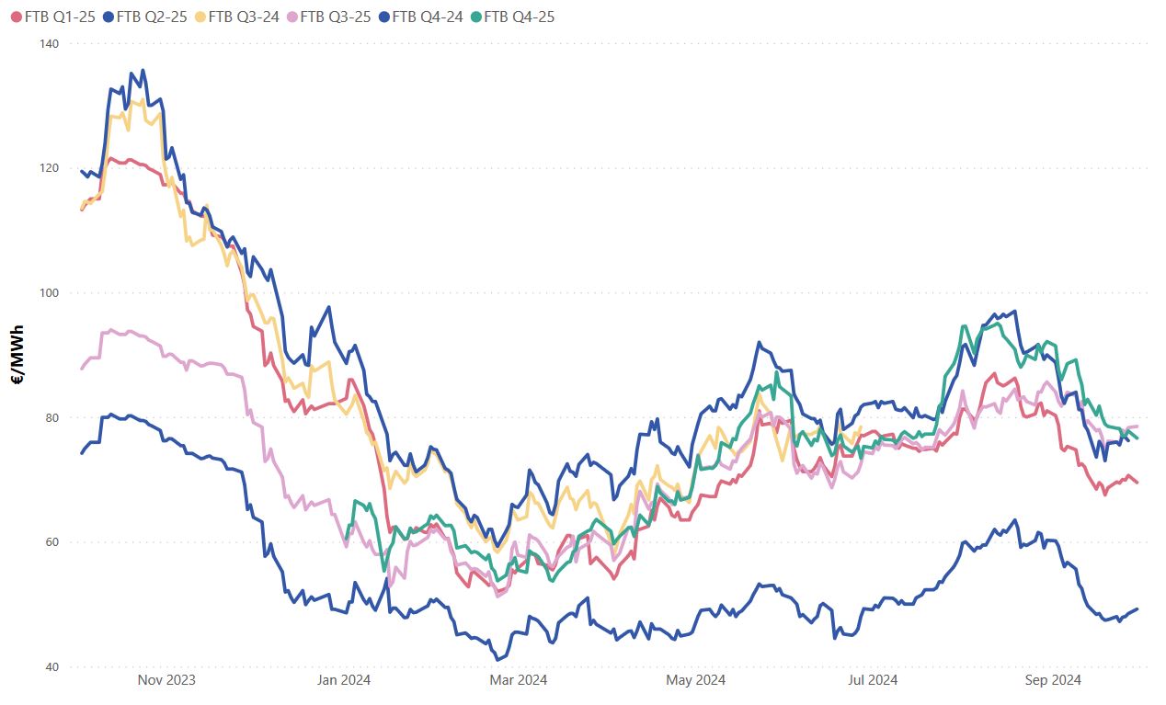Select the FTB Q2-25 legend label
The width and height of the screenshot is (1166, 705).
pyautogui.click(x=150, y=17)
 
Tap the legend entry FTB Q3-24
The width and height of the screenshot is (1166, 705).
pyautogui.click(x=243, y=17)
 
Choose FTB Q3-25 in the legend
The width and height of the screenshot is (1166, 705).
pyautogui.click(x=335, y=17)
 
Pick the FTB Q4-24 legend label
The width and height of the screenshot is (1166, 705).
pyautogui.click(x=426, y=17)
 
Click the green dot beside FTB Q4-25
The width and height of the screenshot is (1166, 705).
pyautogui.click(x=474, y=17)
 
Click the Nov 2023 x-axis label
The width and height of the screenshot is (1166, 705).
pyautogui.click(x=166, y=680)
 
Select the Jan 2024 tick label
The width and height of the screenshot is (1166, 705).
pyautogui.click(x=344, y=680)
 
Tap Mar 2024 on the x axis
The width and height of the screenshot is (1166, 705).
pyautogui.click(x=519, y=680)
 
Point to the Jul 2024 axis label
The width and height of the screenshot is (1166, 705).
pyautogui.click(x=873, y=680)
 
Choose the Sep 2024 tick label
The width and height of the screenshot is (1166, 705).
pyautogui.click(x=1051, y=680)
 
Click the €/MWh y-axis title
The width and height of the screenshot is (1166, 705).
pyautogui.click(x=17, y=355)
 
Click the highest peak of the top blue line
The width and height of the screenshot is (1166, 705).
pyautogui.click(x=142, y=70)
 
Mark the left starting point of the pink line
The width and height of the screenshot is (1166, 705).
pyautogui.click(x=82, y=369)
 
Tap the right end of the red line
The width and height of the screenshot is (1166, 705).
pyautogui.click(x=1137, y=483)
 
